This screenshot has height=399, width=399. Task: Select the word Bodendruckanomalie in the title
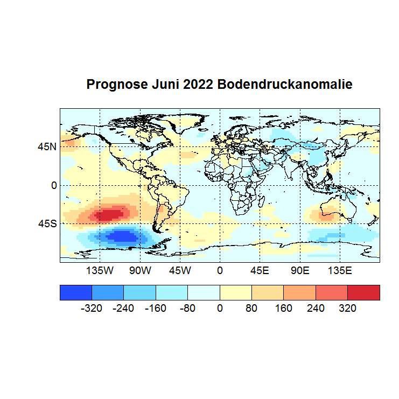(285, 85)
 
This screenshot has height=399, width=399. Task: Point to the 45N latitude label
(47, 146)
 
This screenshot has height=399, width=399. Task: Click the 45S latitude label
(47, 223)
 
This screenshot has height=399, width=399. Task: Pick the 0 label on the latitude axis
(53, 185)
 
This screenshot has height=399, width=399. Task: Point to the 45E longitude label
(260, 270)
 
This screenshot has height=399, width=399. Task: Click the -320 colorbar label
(91, 309)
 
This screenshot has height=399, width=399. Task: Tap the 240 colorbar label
(316, 309)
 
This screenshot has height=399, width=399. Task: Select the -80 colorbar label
(187, 309)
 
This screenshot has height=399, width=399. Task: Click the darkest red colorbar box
(363, 292)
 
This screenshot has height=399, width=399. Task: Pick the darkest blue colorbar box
(76, 292)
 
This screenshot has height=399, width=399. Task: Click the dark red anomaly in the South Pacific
(110, 215)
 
